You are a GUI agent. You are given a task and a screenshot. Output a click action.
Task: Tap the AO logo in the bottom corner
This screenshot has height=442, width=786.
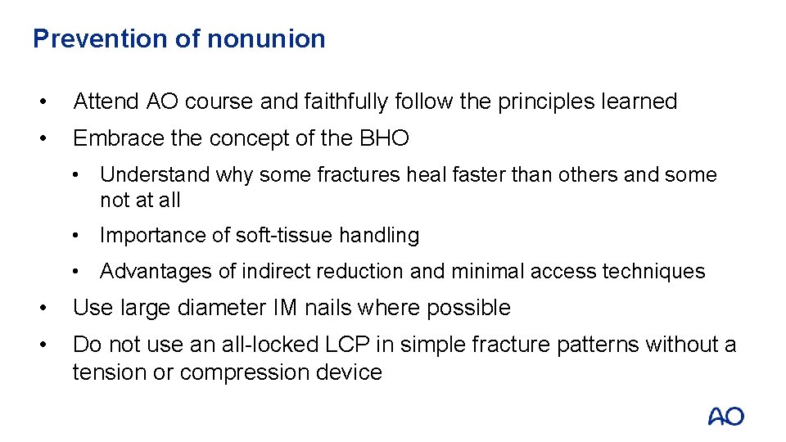(725, 417)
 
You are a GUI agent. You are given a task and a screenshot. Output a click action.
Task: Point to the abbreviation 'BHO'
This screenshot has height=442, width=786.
(384, 138)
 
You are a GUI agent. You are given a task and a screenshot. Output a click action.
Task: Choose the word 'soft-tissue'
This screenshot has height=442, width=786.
(285, 236)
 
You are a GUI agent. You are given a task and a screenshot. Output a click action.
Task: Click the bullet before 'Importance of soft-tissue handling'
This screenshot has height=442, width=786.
(75, 236)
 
